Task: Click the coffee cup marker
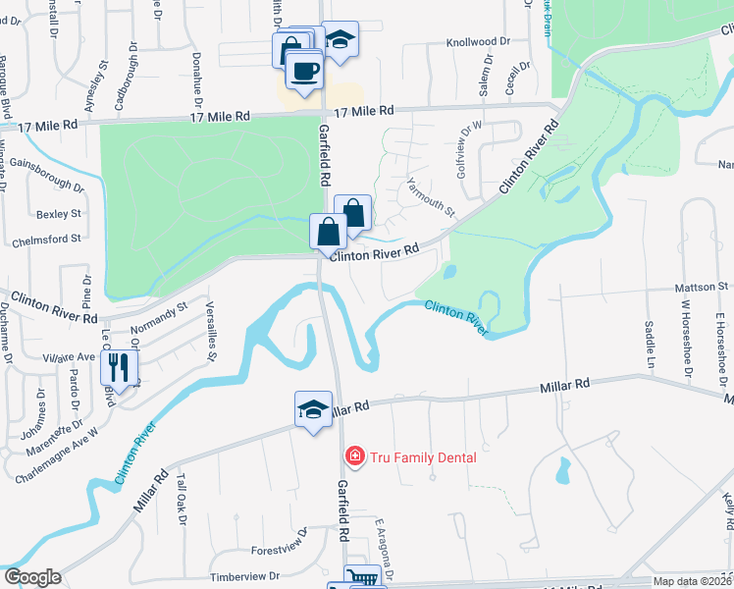coord(304,70)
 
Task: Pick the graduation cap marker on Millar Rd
coord(313,408)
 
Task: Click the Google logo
coord(32,577)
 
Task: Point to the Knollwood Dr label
coord(479,42)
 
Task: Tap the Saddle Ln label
coord(649,340)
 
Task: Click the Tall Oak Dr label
coord(180,505)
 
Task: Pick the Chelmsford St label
coord(45,241)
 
